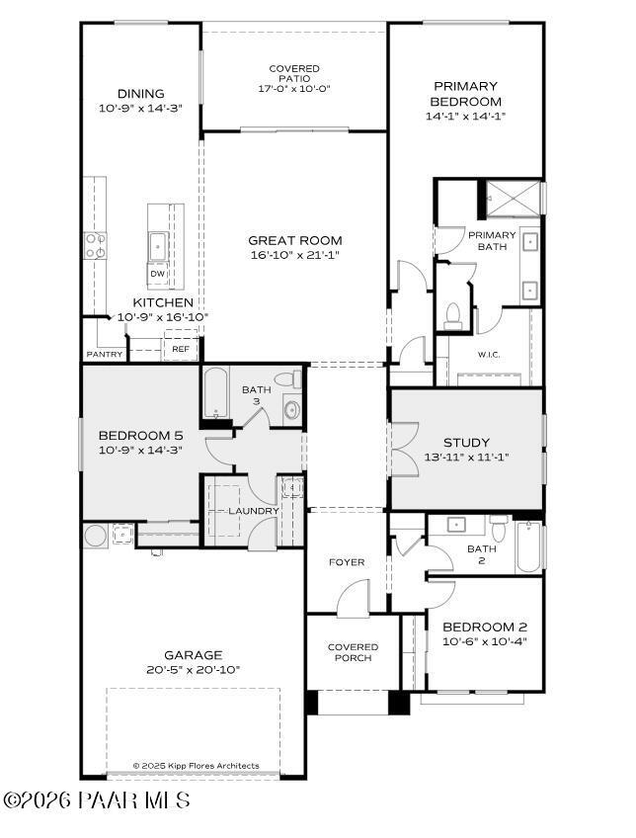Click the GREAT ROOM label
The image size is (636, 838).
tap(294, 240)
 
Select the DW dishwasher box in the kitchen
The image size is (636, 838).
tap(157, 274)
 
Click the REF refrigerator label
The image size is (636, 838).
tap(181, 349)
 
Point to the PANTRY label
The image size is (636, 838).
tap(105, 354)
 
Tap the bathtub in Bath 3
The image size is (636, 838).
tap(216, 393)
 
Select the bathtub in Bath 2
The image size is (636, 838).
tap(528, 548)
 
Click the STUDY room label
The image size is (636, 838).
tap(466, 443)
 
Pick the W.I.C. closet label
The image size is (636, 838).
tap(491, 355)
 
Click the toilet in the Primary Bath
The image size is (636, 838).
tap(453, 315)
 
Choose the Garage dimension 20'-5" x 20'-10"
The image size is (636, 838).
tap(194, 669)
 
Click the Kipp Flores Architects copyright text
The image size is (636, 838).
tap(197, 765)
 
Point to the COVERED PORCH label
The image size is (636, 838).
tap(353, 652)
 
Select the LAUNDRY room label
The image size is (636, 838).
tap(254, 510)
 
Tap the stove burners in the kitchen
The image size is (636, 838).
tap(96, 245)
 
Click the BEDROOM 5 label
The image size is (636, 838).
tap(140, 436)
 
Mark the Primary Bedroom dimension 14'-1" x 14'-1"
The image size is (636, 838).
tap(464, 116)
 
